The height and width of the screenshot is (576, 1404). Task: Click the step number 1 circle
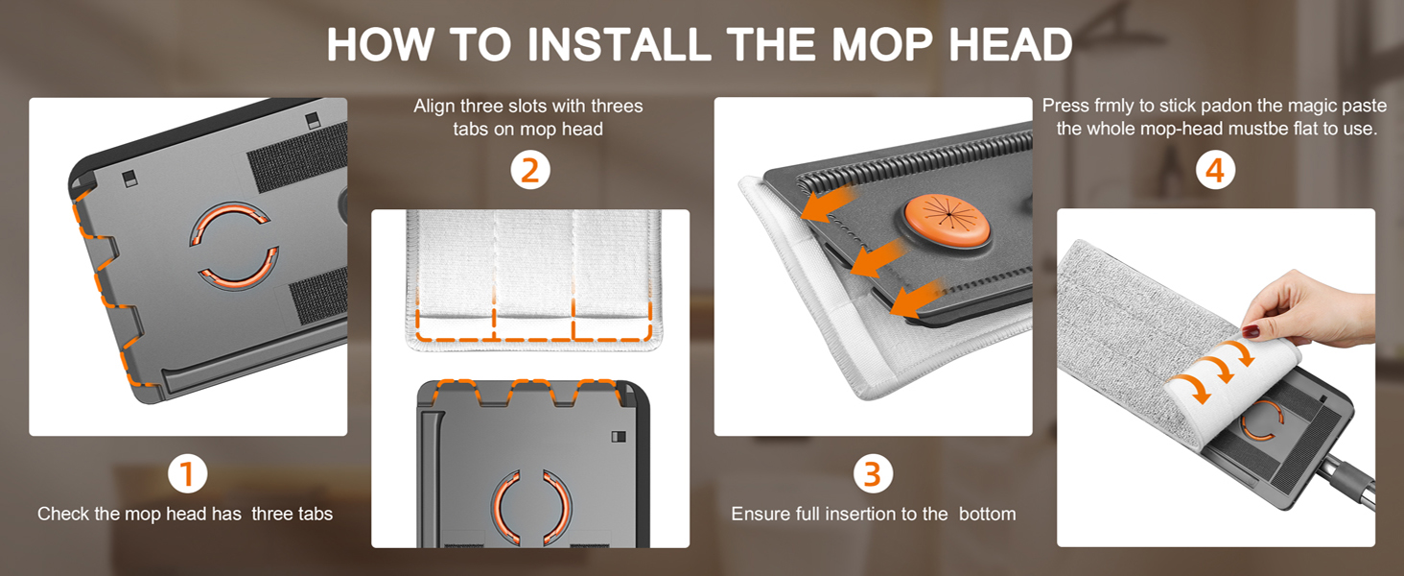point(188,473)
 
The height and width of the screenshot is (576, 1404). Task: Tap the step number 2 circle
point(529,171)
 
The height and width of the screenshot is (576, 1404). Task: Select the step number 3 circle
point(872,473)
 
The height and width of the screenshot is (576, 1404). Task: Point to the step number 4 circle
point(1215,171)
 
